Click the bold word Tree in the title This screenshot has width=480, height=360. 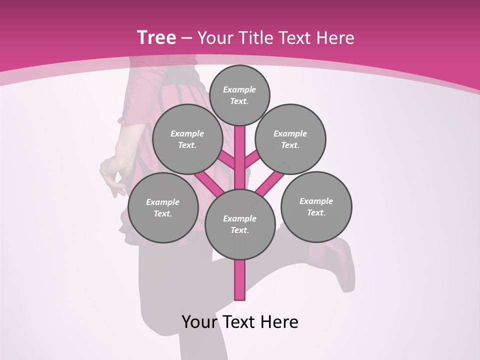156,37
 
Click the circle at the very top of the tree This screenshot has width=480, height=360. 239,95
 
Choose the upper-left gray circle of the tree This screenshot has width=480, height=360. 187,139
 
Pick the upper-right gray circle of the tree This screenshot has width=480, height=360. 290,139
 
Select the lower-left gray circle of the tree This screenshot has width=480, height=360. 163,207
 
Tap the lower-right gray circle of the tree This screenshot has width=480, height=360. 316,206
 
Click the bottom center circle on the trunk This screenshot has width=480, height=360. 240,224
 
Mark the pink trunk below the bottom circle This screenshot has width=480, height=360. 240,280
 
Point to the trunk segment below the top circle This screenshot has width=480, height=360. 240,150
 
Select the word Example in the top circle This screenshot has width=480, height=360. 239,89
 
